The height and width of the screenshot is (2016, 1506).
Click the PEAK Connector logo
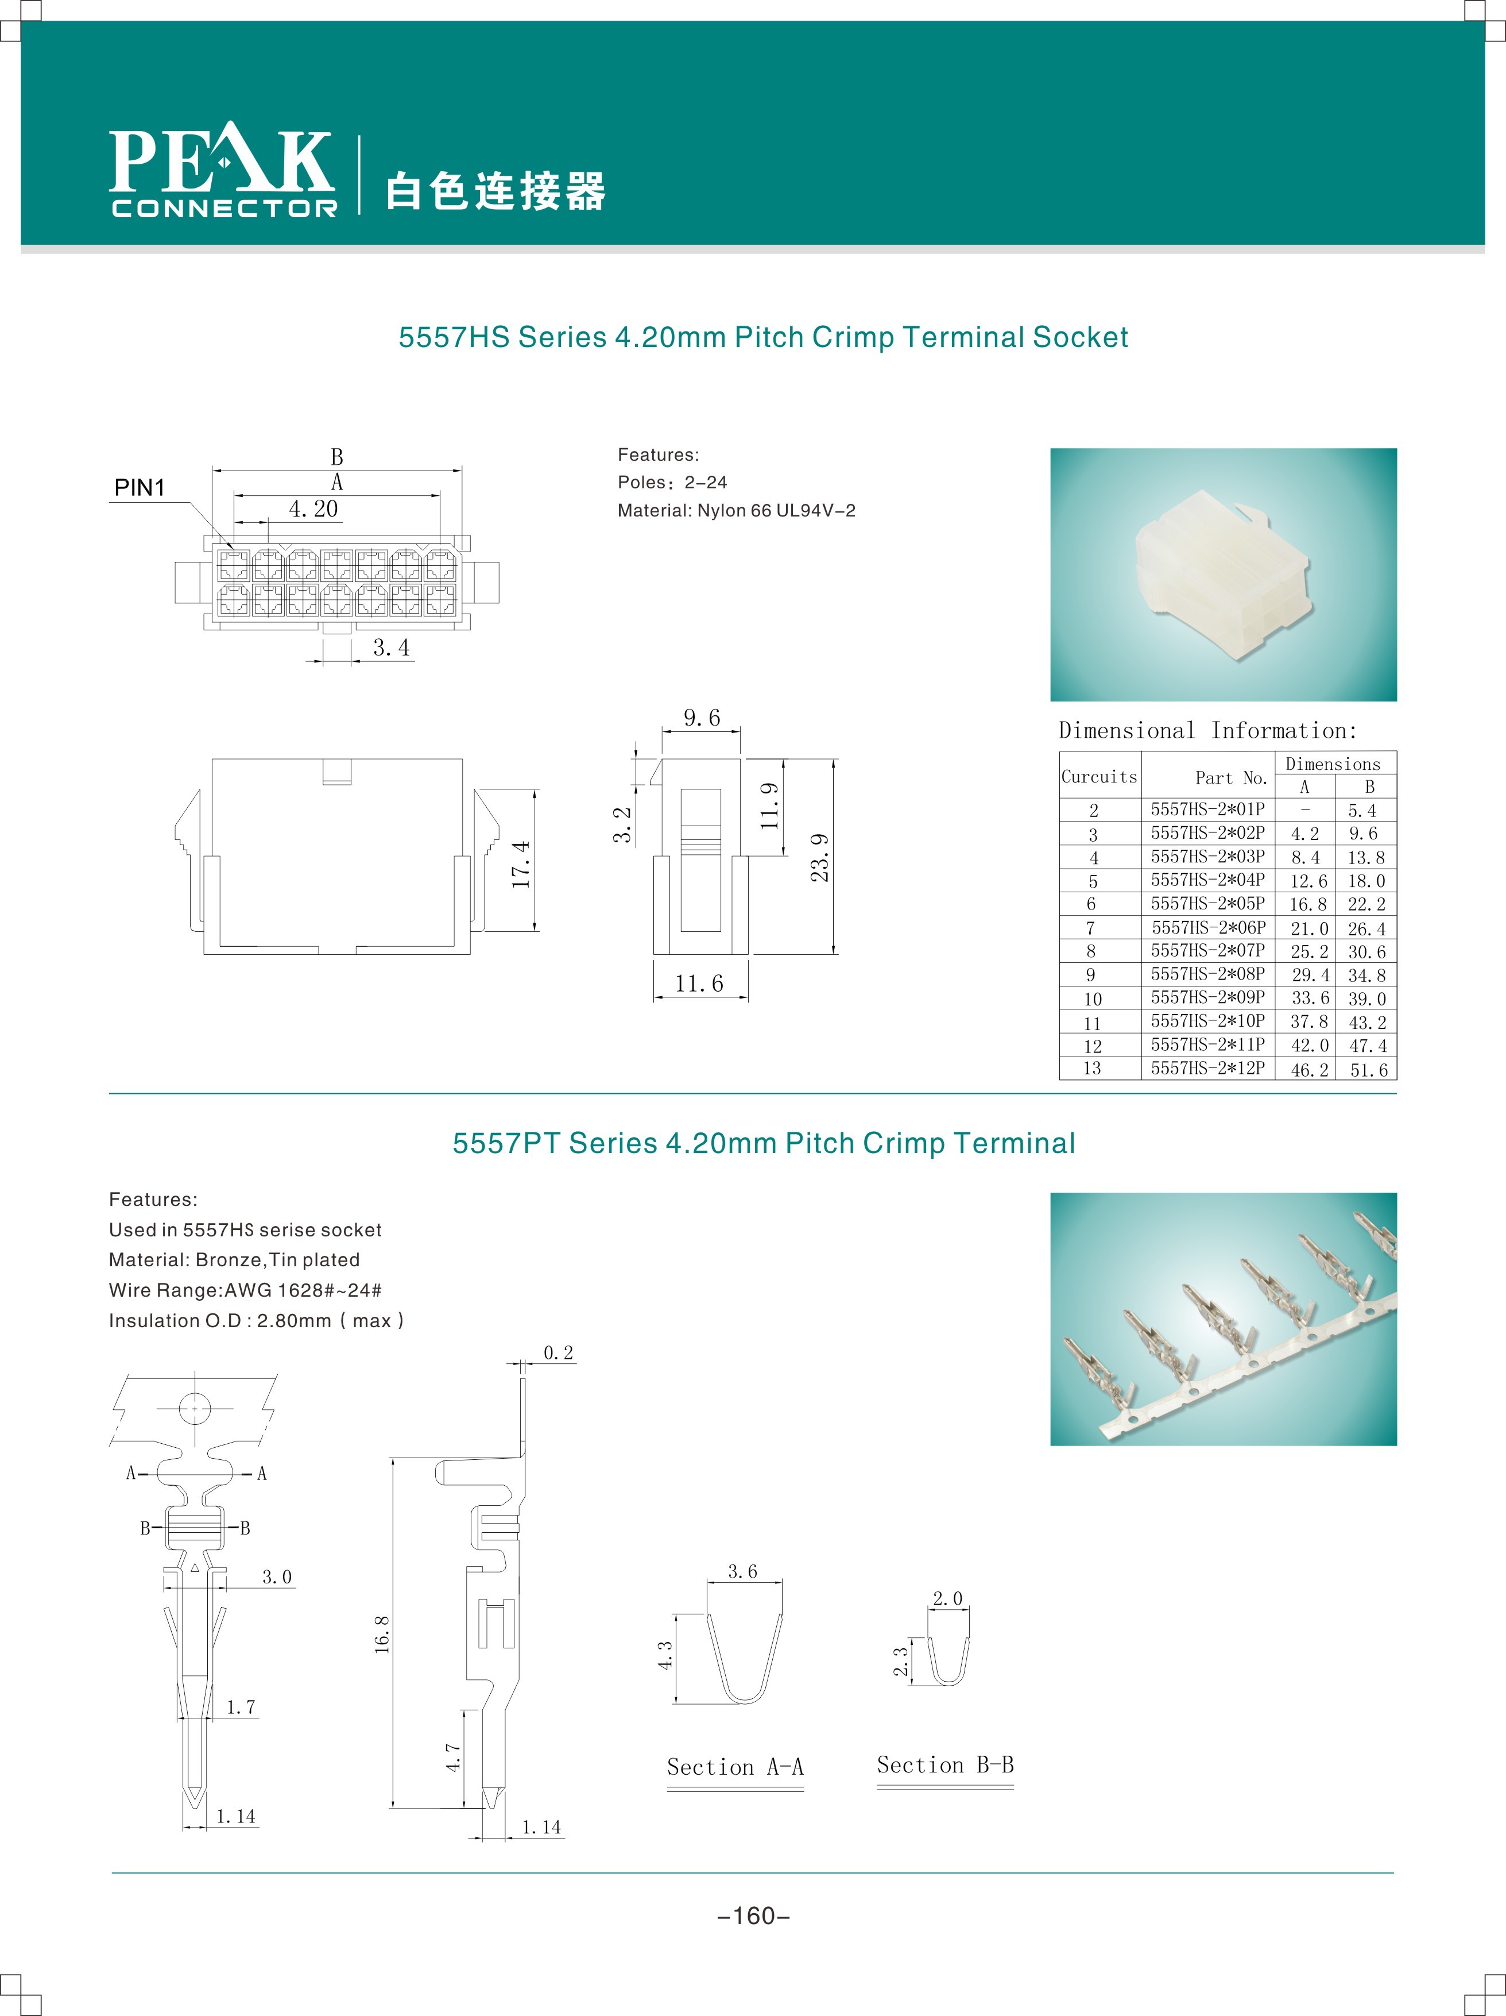[223, 171]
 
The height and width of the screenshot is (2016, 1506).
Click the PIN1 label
[140, 488]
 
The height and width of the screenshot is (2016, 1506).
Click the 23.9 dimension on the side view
[820, 857]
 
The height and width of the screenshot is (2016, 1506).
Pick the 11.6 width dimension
[699, 984]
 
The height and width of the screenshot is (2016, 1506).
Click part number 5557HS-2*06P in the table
[1208, 928]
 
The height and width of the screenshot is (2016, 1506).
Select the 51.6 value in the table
[1368, 1070]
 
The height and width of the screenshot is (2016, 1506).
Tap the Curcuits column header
[1099, 777]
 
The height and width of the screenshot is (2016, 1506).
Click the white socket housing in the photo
[1221, 572]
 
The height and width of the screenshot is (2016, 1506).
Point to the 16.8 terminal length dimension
[382, 1634]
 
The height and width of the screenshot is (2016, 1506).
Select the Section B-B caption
[945, 1764]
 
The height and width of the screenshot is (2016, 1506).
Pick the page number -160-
[753, 1916]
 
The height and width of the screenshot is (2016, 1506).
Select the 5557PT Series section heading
[764, 1143]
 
